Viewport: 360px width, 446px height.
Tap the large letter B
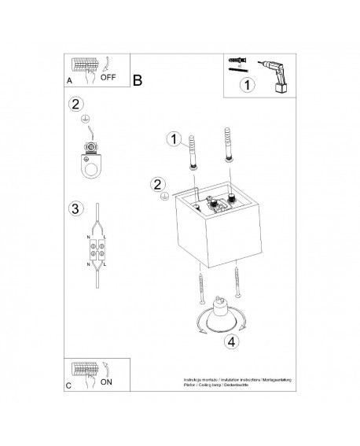coord(138,80)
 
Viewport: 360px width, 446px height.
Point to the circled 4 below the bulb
coord(230,342)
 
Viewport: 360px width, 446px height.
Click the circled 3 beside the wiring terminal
coord(74,208)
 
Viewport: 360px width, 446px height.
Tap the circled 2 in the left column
coord(75,105)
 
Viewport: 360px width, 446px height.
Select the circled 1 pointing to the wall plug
coord(173,139)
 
